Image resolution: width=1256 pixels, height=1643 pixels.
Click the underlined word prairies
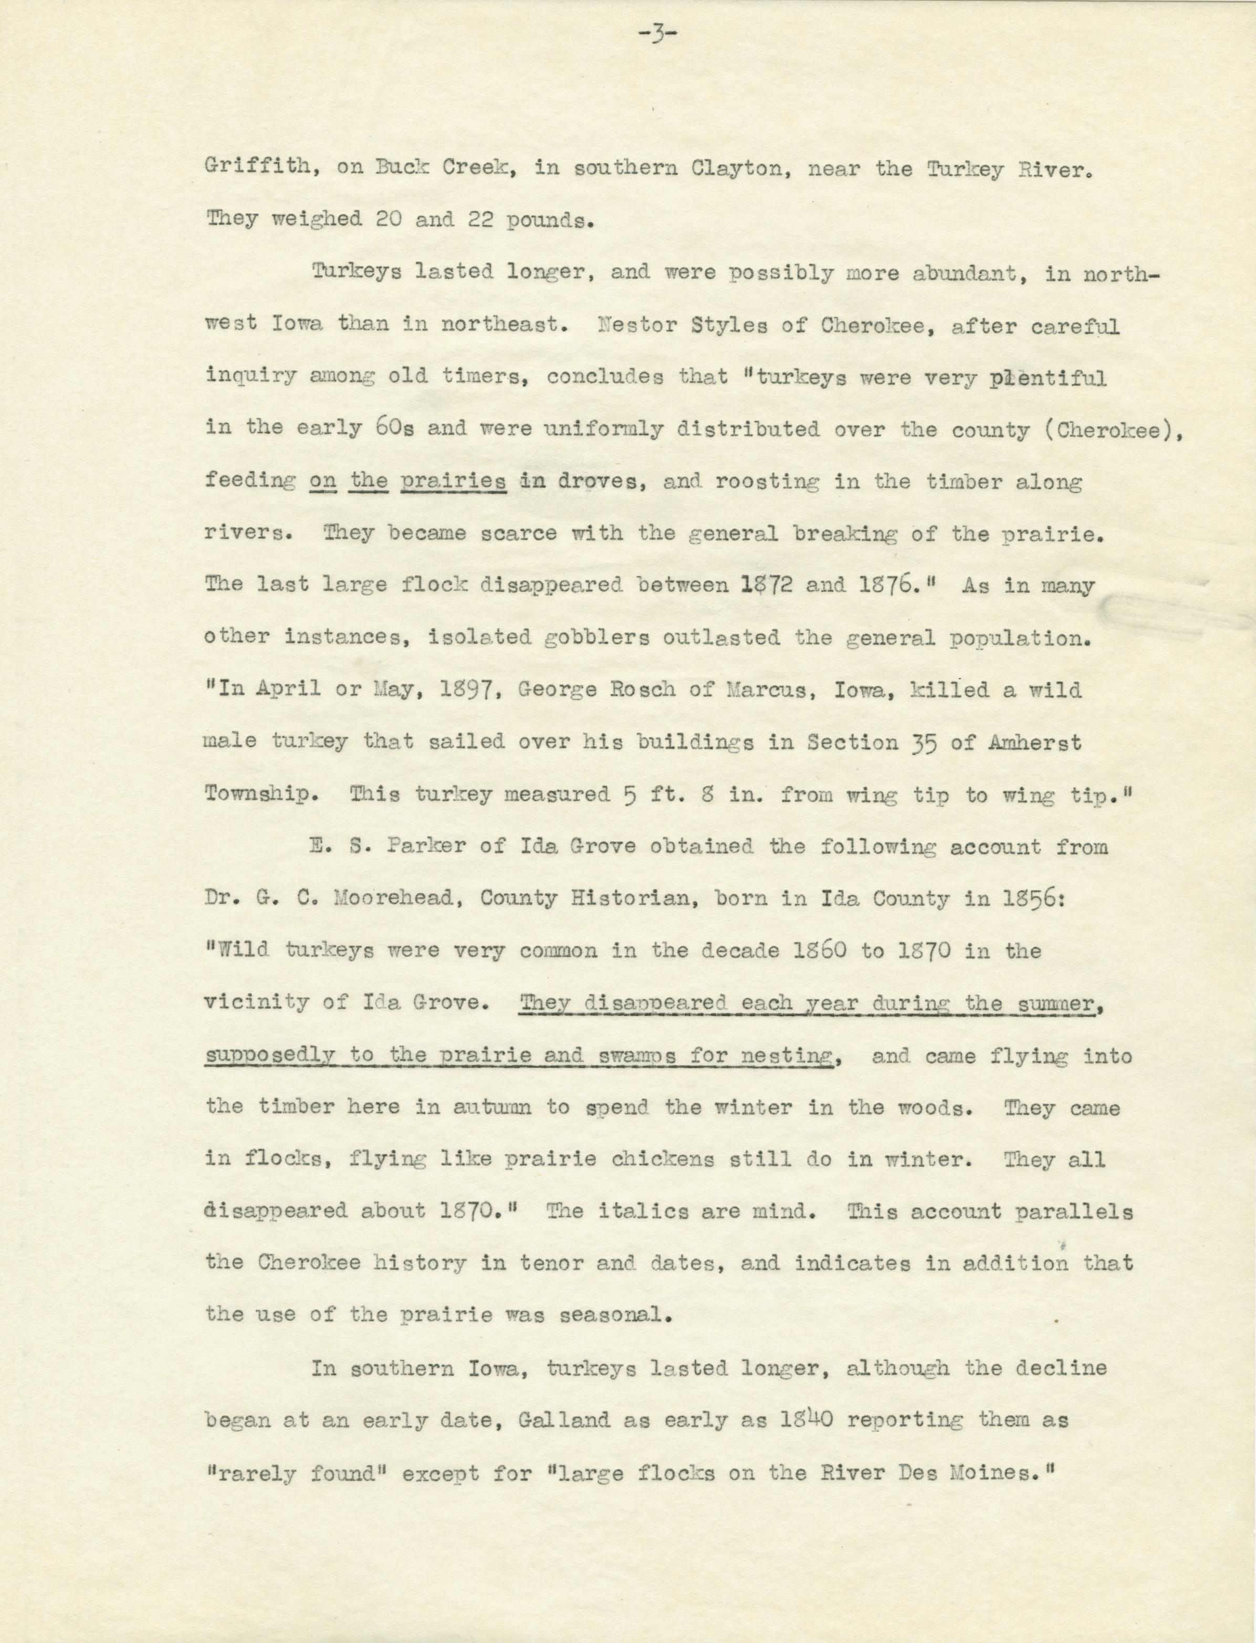[454, 482]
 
